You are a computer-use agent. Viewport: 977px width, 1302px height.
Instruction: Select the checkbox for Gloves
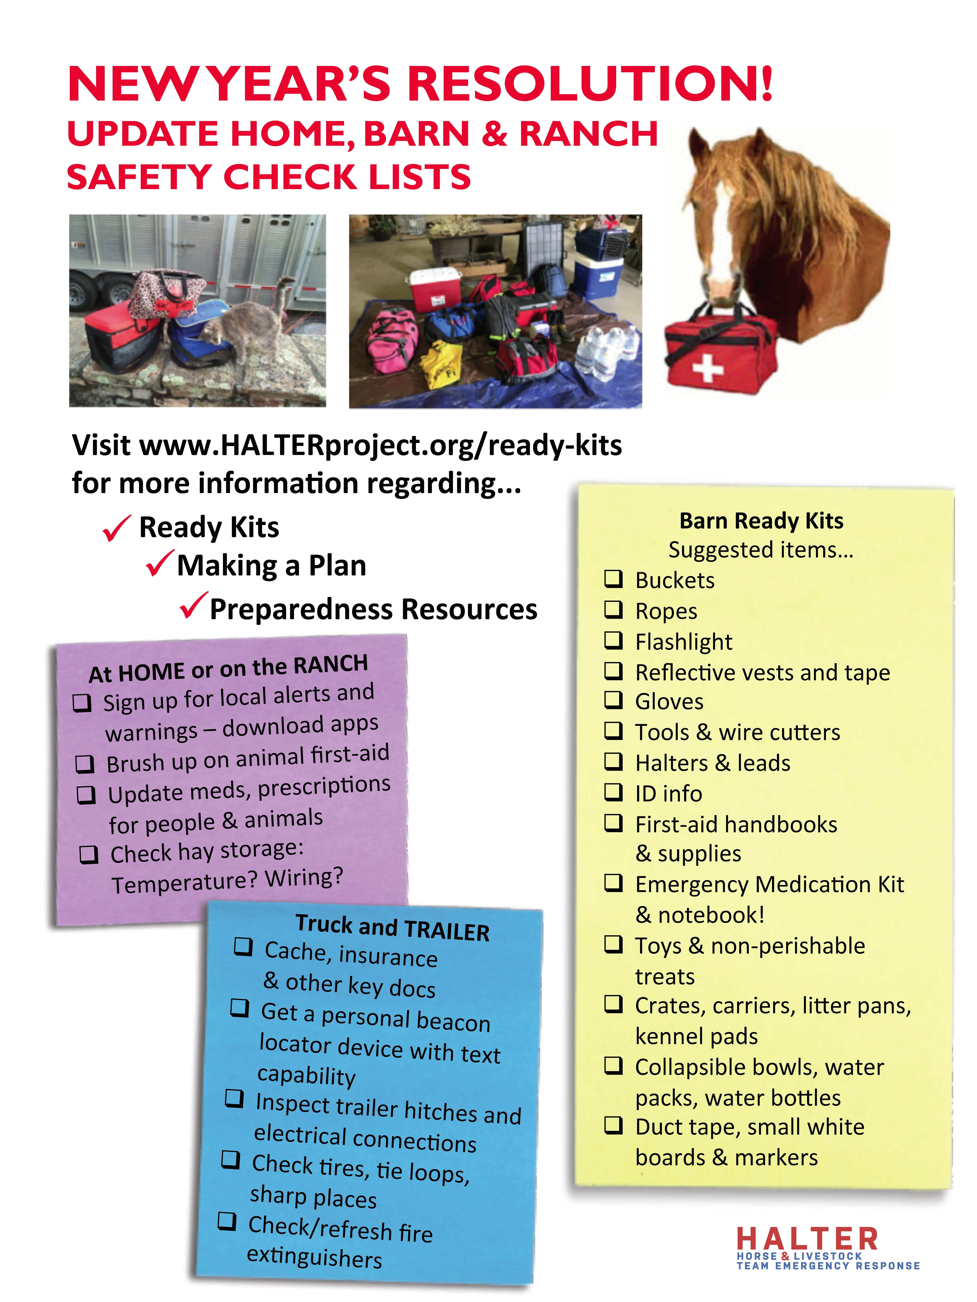614,700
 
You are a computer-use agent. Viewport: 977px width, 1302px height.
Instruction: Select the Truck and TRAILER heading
392,928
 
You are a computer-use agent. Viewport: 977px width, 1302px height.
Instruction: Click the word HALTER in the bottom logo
807,1239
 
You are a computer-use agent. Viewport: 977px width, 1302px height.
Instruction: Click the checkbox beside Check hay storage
89,854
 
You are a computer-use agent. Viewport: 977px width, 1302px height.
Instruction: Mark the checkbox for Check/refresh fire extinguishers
227,1221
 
